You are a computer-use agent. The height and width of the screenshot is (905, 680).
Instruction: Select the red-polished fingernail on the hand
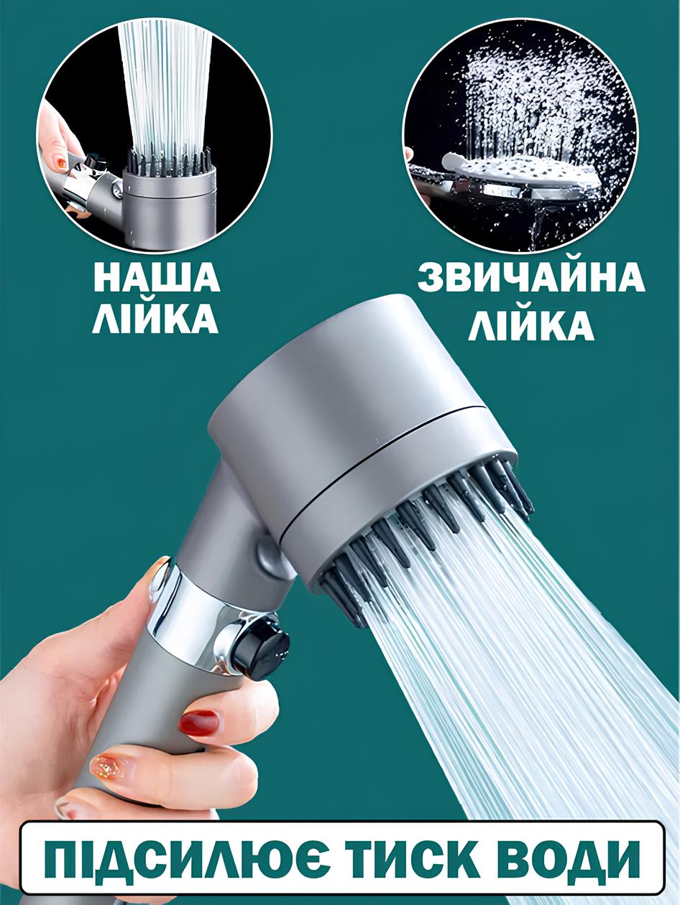199,723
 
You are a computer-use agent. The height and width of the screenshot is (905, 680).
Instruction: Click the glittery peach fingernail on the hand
107,766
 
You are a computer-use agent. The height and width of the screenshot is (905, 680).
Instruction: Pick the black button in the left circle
94,161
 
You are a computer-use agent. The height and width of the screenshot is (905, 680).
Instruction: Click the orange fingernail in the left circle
60,164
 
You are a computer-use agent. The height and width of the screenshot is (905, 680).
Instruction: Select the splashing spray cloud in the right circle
536,103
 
